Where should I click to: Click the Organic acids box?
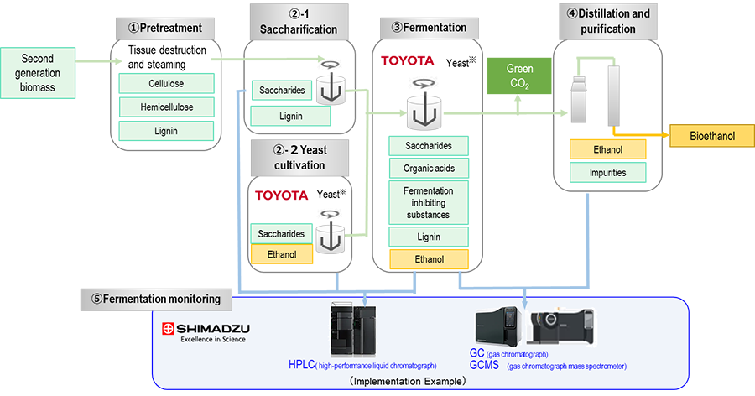pos(428,168)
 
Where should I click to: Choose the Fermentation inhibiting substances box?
pos(428,202)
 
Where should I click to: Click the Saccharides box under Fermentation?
pos(428,146)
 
